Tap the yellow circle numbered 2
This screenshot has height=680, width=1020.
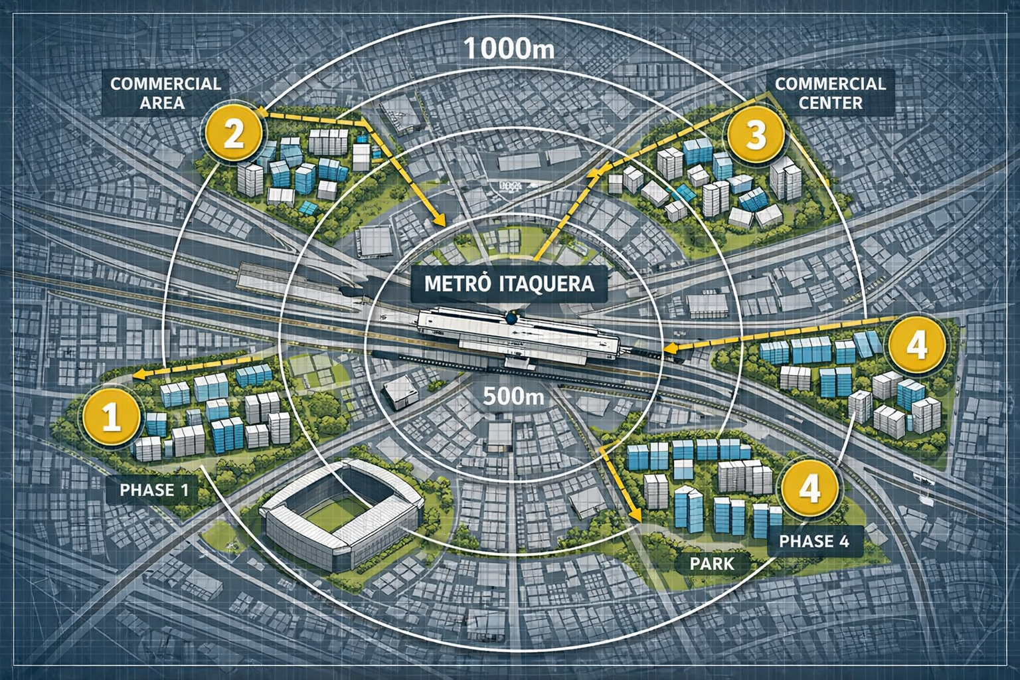233,133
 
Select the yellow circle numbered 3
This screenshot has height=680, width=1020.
756,135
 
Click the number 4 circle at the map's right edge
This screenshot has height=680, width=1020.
917,345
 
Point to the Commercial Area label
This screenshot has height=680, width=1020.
165,93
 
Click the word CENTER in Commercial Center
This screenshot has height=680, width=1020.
830,103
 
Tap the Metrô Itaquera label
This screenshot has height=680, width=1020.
508,284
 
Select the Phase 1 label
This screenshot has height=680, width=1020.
154,490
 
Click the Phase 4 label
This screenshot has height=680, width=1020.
813,541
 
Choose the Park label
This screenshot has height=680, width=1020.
712,564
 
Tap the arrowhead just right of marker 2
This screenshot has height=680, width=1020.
261,114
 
